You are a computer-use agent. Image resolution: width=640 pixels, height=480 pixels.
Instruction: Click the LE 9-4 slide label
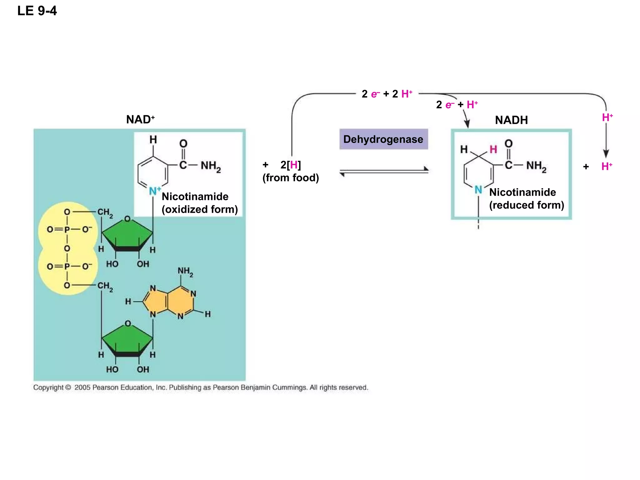[x=37, y=11]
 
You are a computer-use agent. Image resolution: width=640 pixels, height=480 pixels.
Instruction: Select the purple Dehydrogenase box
[x=383, y=139]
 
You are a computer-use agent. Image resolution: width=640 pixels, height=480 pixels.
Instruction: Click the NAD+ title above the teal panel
[x=140, y=119]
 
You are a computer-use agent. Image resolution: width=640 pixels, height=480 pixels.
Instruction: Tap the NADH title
[x=511, y=120]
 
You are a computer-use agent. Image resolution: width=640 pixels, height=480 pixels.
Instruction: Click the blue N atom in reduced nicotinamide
[x=478, y=189]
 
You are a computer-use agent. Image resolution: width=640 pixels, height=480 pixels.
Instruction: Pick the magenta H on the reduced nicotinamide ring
[x=493, y=149]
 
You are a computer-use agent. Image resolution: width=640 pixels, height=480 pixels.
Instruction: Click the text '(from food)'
[x=291, y=178]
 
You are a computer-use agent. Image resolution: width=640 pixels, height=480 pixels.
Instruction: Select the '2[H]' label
[x=291, y=165]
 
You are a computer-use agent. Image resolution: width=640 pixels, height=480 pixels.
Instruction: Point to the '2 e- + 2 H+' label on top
[x=387, y=94]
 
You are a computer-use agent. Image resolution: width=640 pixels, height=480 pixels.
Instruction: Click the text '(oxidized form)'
[x=200, y=209]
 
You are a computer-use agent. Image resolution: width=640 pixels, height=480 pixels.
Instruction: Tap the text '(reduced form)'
[x=527, y=205]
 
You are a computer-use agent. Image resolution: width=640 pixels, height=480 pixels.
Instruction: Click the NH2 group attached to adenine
[x=185, y=272]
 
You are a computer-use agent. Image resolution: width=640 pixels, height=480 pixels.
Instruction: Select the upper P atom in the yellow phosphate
[x=67, y=230]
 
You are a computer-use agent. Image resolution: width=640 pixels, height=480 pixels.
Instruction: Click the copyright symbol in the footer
[x=68, y=387]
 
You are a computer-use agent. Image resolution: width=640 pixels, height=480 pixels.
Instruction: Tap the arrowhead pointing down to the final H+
[x=606, y=153]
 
